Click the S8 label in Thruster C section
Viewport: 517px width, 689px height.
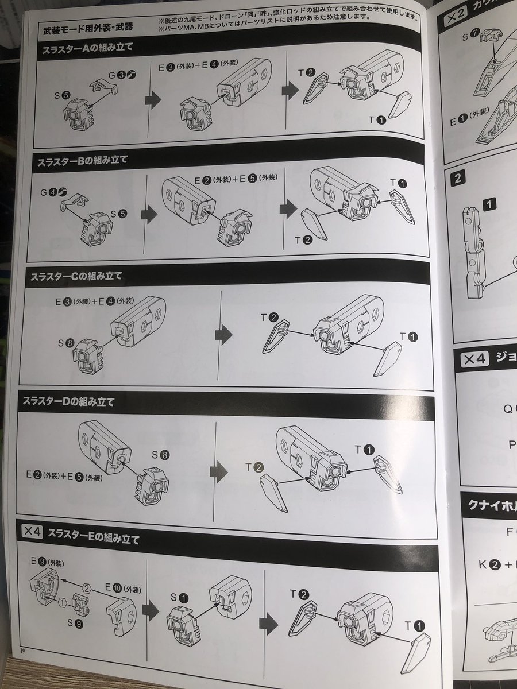tap(65, 343)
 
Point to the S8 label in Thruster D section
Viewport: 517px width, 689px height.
tap(161, 455)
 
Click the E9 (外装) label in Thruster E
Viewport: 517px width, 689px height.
tap(47, 562)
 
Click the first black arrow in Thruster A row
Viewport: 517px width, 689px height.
tap(152, 101)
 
